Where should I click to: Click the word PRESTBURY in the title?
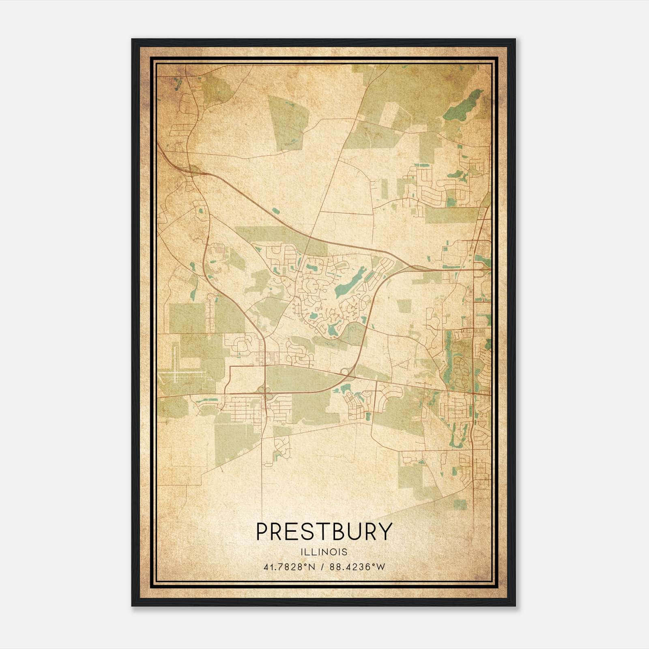(x=324, y=532)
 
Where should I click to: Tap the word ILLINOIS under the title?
(x=324, y=552)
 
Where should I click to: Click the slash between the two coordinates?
(x=322, y=567)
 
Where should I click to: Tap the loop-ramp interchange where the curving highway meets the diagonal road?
(x=346, y=372)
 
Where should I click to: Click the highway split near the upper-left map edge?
(x=191, y=168)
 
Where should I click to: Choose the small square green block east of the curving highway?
(x=404, y=306)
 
